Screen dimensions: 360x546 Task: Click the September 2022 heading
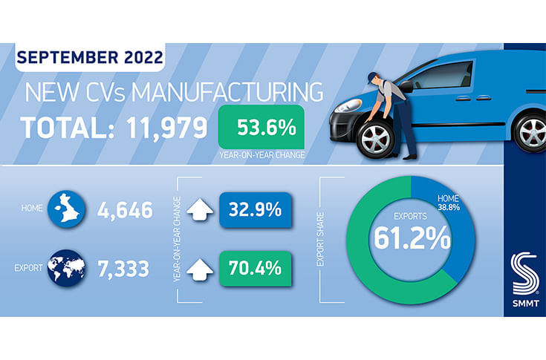pos(88,57)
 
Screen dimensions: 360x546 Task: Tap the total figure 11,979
pos(156,128)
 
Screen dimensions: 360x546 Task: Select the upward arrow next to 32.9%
pos(199,211)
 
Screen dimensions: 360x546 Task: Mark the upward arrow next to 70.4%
pos(199,266)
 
